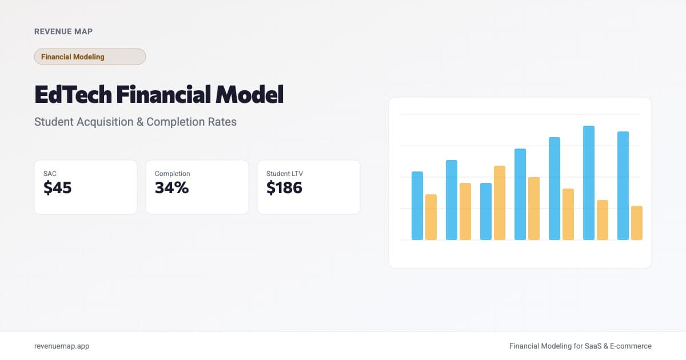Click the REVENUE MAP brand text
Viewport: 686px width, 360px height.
pos(63,31)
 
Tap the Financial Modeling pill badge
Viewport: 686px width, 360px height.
pos(90,57)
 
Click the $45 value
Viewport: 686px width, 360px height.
pos(58,187)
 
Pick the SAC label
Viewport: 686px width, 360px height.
pos(50,174)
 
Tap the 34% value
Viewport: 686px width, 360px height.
pos(171,187)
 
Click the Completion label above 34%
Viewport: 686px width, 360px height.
pos(172,174)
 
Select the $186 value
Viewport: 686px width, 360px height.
pos(284,187)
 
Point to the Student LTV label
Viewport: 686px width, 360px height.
pos(285,174)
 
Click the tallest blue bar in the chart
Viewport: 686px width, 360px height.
pos(589,183)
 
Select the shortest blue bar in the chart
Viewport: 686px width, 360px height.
pos(486,211)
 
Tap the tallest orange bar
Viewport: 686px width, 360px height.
pos(500,203)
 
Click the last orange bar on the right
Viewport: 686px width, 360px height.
pos(637,223)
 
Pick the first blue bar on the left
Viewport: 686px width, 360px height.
pos(417,206)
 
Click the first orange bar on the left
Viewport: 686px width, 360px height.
pos(431,217)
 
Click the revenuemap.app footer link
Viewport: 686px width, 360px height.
pos(62,346)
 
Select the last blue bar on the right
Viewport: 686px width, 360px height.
pos(623,186)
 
